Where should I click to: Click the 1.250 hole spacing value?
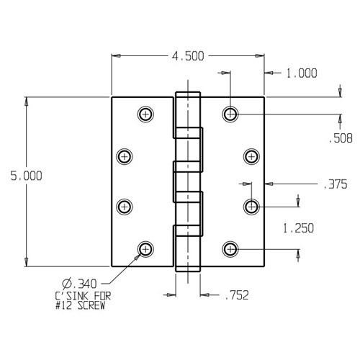[298, 229]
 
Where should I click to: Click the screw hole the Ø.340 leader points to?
[146, 248]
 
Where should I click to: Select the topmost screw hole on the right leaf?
[230, 113]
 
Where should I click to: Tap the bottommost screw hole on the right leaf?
[230, 249]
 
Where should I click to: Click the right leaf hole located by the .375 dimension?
[251, 207]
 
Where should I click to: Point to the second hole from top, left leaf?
[125, 156]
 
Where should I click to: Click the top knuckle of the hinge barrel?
[186, 112]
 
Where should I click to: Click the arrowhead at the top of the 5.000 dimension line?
[27, 102]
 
